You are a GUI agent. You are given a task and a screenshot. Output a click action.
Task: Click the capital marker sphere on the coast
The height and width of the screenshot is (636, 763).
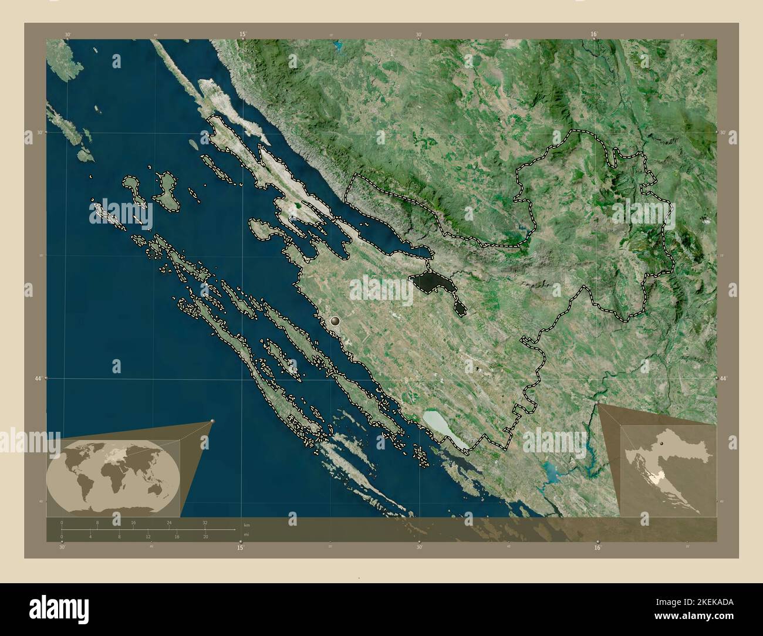point(335,320)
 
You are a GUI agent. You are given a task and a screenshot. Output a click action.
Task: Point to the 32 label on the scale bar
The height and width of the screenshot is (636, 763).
point(205,522)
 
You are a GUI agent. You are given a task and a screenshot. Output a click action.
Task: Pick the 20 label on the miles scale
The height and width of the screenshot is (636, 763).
point(205,536)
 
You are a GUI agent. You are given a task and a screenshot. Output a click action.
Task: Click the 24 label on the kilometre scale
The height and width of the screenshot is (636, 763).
point(169,522)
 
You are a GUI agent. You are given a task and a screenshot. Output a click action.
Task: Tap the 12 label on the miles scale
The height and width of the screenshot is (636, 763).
point(148,536)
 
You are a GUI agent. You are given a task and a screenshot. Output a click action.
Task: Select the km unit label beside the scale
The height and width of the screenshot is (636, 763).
point(246,525)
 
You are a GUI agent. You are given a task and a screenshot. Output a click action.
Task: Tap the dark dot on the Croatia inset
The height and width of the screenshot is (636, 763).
point(662,445)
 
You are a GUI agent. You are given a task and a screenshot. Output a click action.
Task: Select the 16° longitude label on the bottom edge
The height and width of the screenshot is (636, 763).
point(597,547)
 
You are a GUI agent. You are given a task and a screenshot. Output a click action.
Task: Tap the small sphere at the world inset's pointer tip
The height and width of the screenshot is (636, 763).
point(212,421)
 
